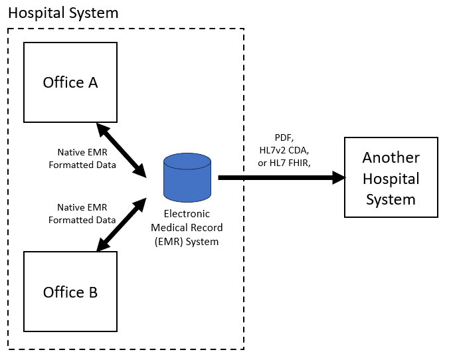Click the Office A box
point(70,82)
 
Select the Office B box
point(70,292)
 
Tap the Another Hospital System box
point(391,177)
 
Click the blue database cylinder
point(187,177)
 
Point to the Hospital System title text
point(63,13)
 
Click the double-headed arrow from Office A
point(121,149)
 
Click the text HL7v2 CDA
point(284,151)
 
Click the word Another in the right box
point(391,158)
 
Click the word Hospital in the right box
point(391,178)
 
